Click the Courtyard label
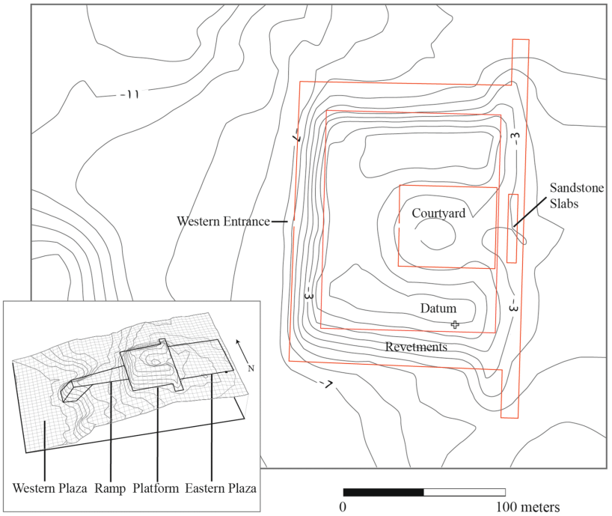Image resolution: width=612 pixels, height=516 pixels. [439, 213]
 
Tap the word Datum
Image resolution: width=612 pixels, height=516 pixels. [438, 309]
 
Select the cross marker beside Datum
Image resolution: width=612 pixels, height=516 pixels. [455, 324]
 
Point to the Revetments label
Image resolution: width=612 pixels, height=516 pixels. [416, 347]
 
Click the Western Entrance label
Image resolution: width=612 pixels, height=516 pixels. [223, 222]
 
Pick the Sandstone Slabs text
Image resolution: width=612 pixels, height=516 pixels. [577, 195]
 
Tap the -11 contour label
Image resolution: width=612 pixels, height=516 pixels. [129, 94]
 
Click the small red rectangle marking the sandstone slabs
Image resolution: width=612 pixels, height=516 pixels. [512, 228]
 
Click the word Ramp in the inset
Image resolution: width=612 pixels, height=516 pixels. [111, 488]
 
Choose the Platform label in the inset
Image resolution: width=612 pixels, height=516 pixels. [156, 488]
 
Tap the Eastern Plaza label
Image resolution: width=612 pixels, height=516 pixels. [221, 488]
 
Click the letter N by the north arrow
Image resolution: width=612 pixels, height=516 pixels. [251, 368]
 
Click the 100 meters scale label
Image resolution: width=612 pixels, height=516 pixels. [532, 507]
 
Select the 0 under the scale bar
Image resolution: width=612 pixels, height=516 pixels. [343, 507]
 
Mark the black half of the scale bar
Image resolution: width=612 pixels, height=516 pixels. [383, 492]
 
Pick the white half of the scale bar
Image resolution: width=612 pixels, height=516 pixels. [465, 492]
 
